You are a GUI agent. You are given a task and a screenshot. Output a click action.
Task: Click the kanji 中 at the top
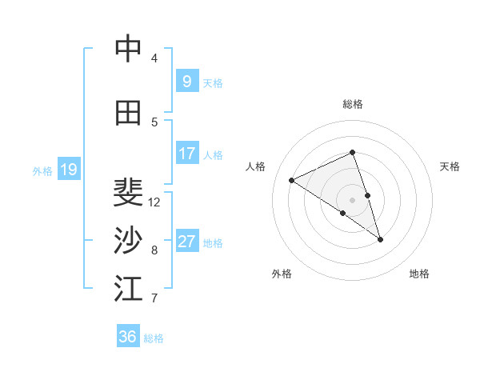(x=128, y=50)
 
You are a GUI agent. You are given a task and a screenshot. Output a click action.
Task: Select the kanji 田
(x=128, y=114)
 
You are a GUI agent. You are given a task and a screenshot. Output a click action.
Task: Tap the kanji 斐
(x=128, y=192)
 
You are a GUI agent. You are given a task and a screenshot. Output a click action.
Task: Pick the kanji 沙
(x=128, y=240)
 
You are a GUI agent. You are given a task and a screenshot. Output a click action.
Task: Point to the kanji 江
(x=128, y=288)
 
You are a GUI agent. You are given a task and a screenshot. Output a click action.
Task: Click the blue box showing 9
(x=186, y=81)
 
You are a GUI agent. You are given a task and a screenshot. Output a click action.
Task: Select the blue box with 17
(x=186, y=154)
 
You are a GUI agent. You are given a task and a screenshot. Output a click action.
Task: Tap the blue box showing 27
(x=186, y=242)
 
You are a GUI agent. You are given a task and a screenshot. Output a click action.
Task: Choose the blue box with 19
(x=68, y=169)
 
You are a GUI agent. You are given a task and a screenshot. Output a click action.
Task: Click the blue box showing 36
(x=128, y=337)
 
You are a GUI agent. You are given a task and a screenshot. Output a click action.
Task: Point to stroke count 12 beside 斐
(x=154, y=202)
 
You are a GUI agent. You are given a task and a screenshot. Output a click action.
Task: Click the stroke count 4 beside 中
(x=154, y=58)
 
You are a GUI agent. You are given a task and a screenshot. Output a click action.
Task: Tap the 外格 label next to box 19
(x=42, y=170)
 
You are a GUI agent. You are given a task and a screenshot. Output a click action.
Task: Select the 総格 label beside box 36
(x=154, y=338)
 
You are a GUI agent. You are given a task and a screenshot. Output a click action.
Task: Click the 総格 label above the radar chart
(x=352, y=104)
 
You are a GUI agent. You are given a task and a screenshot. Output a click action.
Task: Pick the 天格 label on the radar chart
(x=450, y=166)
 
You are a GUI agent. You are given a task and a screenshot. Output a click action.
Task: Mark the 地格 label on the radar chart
(x=419, y=274)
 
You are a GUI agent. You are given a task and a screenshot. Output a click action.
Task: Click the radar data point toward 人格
(x=292, y=180)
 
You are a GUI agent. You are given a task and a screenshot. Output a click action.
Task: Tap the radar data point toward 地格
(x=380, y=239)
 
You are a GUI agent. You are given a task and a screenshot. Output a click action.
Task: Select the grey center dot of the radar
(x=352, y=199)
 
